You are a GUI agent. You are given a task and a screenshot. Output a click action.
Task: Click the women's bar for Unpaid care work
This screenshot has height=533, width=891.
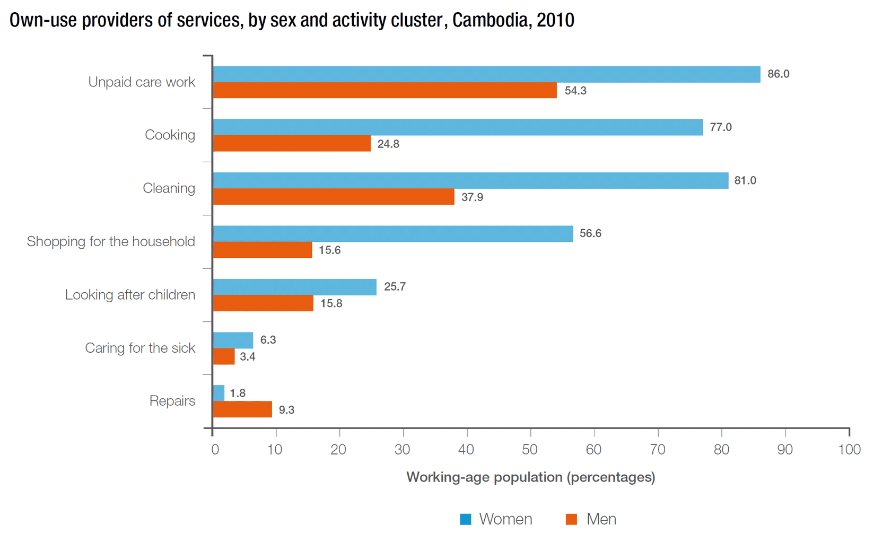click(486, 74)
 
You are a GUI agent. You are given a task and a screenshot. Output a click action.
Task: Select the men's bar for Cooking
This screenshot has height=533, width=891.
click(292, 144)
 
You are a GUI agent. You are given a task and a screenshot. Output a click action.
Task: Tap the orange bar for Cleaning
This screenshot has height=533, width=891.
click(334, 197)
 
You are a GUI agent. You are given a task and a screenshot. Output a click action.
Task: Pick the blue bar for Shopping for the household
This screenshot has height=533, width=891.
click(393, 234)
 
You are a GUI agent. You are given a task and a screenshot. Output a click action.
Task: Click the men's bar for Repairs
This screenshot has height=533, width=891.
click(242, 409)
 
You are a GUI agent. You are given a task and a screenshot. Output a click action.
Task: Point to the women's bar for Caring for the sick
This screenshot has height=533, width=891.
click(233, 340)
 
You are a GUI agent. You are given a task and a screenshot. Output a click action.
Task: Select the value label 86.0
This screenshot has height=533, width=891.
click(778, 74)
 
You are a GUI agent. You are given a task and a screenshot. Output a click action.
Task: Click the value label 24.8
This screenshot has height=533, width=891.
click(388, 144)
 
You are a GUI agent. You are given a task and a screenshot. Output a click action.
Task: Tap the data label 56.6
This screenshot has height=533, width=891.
click(590, 233)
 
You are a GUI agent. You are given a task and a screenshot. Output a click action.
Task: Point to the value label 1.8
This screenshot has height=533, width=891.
click(238, 393)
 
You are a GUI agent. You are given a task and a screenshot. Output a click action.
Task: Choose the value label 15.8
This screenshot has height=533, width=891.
click(331, 303)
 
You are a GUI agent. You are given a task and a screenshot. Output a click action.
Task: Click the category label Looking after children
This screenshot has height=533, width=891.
click(130, 295)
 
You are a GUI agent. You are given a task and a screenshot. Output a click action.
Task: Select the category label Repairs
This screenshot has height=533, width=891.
click(172, 401)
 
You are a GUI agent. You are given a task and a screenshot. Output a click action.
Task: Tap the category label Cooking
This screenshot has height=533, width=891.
click(170, 135)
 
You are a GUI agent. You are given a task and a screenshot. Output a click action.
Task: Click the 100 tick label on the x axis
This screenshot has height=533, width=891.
click(849, 450)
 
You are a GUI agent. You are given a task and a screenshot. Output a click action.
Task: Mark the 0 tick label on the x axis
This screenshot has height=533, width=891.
click(215, 450)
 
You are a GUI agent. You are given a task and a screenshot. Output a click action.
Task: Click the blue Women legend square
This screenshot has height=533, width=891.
click(466, 519)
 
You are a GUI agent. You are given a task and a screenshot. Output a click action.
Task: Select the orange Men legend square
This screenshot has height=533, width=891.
click(571, 519)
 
